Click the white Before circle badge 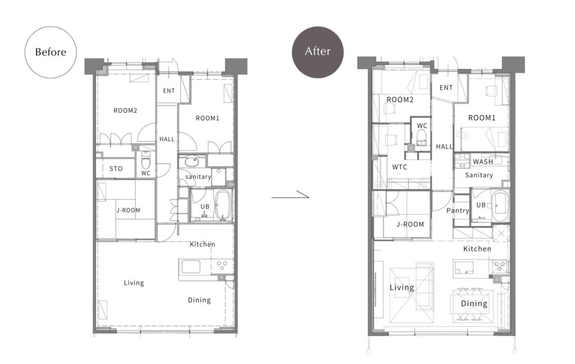(51, 52)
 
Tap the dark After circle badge (318, 52)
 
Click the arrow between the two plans (290, 196)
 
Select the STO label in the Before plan (116, 169)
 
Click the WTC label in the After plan (399, 167)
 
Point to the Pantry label (458, 211)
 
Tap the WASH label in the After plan (482, 161)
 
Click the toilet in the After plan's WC (422, 137)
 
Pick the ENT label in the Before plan (168, 90)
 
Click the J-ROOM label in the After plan (410, 224)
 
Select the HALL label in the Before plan (167, 139)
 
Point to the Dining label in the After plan (474, 303)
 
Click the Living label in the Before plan (134, 283)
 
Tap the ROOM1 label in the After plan (482, 118)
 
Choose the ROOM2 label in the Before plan (125, 111)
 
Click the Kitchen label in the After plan (477, 249)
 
